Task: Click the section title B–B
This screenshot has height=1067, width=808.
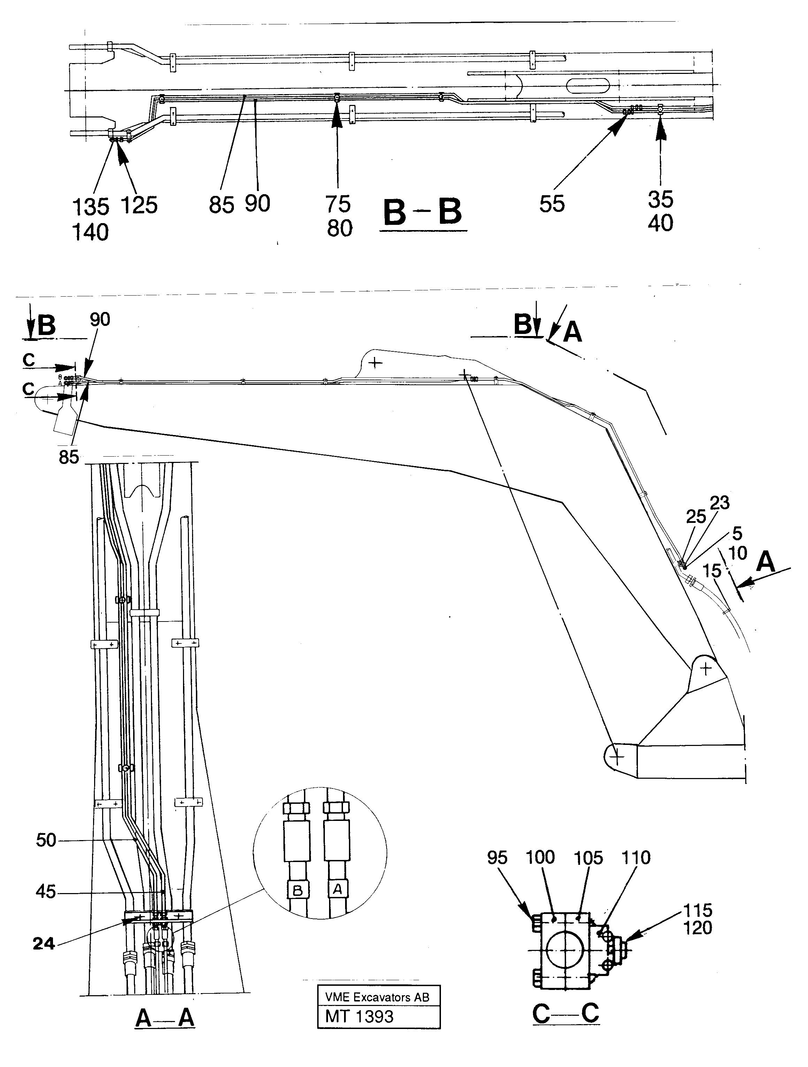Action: pos(422,212)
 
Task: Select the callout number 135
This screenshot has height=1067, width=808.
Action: pos(90,207)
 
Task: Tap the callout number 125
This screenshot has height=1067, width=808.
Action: pos(139,206)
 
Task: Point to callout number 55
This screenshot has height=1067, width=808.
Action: pos(551,204)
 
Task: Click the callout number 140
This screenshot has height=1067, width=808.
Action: pos(90,233)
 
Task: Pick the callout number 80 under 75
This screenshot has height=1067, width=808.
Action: pos(340,228)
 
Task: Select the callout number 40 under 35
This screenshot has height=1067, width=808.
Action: pos(661,223)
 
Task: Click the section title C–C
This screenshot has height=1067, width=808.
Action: pos(565,1013)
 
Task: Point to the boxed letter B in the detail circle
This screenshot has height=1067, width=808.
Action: pos(298,891)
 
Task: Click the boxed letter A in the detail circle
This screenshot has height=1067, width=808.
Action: pos(337,889)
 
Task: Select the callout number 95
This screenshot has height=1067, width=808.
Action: pos(497,858)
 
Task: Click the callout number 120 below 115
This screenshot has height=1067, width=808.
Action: pos(698,928)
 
